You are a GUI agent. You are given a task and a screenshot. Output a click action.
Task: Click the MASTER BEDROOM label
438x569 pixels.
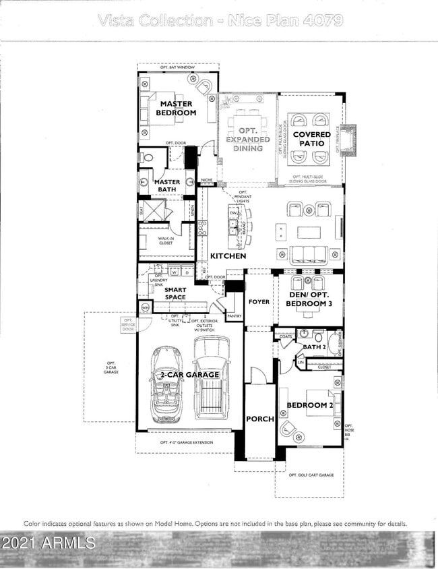[176, 109]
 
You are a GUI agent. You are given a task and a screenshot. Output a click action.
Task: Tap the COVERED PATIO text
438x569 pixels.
[311, 139]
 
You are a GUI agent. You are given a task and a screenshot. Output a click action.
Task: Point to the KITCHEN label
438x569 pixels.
[228, 256]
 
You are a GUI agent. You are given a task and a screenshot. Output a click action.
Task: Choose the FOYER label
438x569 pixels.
[258, 302]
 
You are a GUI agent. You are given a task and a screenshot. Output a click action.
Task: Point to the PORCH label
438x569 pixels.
[259, 419]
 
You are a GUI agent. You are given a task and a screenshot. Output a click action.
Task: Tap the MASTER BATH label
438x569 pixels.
[167, 186]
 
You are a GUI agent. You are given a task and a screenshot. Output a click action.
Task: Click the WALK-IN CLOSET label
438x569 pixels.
[166, 241]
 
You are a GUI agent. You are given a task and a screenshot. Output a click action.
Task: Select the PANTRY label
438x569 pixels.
[234, 316]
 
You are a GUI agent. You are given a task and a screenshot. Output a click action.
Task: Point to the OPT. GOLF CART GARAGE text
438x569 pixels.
[311, 475]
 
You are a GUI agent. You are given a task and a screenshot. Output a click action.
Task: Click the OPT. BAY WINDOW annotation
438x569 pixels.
[178, 67]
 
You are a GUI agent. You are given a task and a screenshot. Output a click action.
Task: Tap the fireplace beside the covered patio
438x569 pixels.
[350, 140]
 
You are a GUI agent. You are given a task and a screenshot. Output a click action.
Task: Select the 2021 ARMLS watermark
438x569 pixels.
[49, 542]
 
